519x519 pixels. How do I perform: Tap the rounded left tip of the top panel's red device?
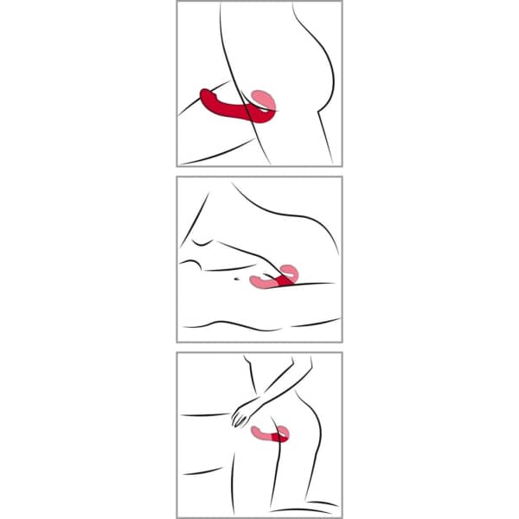(x=205, y=93)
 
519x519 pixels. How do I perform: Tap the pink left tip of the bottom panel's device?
(x=258, y=430)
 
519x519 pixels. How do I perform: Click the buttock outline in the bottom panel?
(x=318, y=424)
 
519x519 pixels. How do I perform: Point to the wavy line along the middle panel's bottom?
(x=259, y=325)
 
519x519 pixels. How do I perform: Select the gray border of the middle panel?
(x=177, y=259)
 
